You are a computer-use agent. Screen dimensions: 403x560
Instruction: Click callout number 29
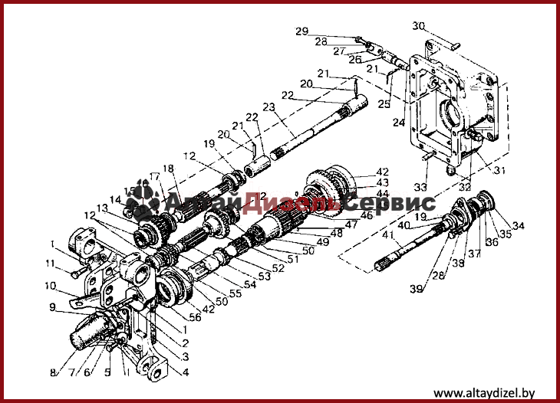pos(301,31)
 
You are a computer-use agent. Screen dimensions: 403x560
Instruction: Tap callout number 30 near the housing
pos(418,26)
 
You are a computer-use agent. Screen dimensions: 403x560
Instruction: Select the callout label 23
pos(268,107)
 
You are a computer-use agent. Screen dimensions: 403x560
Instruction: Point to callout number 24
pos(397,121)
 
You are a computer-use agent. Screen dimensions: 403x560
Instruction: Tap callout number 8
pos(54,373)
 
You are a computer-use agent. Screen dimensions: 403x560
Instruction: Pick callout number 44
pos(383,195)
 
